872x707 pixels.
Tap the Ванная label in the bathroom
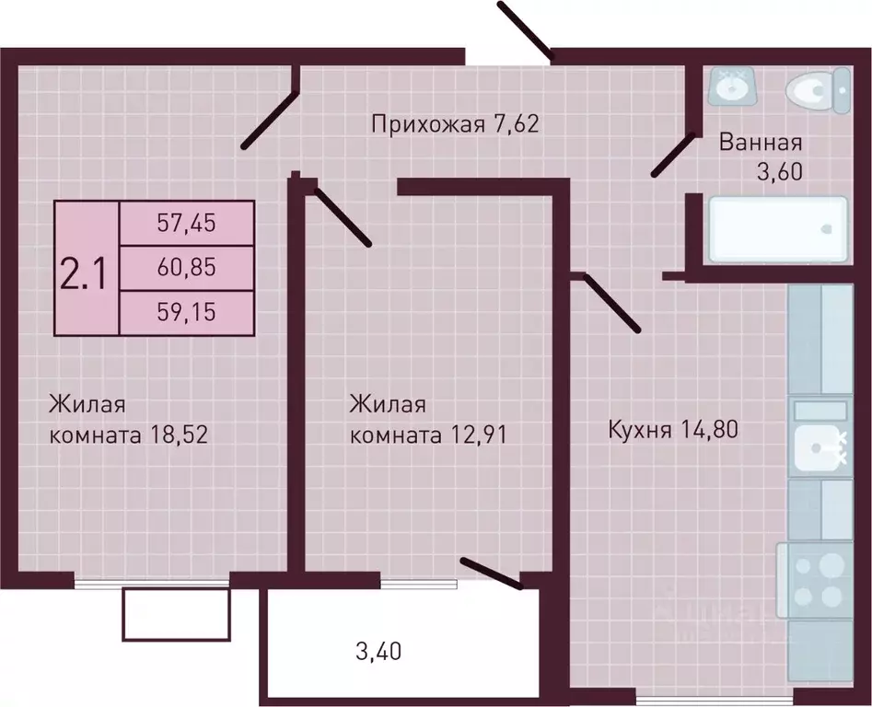click(x=761, y=143)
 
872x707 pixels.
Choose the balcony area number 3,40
click(x=378, y=655)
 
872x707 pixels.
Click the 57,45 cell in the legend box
click(x=187, y=223)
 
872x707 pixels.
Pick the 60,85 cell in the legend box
click(x=187, y=268)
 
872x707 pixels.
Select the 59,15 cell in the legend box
click(x=187, y=312)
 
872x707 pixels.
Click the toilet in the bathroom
click(x=819, y=90)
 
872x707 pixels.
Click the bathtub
click(x=775, y=228)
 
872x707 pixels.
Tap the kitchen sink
click(x=820, y=448)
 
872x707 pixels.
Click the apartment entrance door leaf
click(x=524, y=30)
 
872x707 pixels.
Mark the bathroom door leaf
click(x=673, y=155)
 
